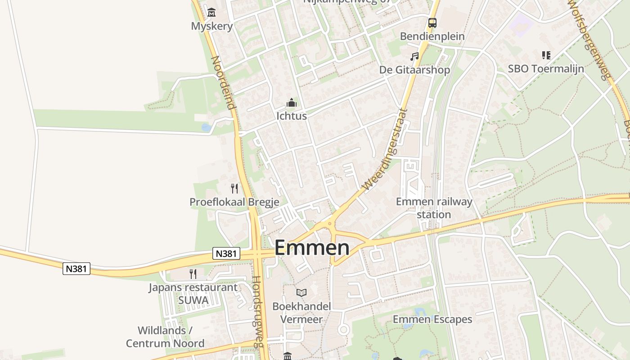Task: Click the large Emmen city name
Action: coord(311,248)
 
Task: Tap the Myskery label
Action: coord(212,26)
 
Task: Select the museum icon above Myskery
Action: coord(211,12)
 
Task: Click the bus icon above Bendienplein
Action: coord(432,22)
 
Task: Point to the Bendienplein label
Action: coord(432,36)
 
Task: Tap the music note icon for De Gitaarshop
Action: coord(414,57)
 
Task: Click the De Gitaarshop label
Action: coord(414,70)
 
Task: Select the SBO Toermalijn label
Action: coord(546,68)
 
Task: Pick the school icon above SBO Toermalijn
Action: coord(546,55)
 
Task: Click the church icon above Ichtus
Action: coord(292,103)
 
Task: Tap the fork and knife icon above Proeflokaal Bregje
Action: coord(234,189)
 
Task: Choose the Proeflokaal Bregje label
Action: coord(234,202)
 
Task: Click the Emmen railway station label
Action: coord(434,207)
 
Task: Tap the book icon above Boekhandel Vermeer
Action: coord(301,293)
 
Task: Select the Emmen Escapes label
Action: coord(432,319)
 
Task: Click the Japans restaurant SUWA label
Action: coord(193,293)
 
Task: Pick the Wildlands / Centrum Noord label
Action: coord(165,337)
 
